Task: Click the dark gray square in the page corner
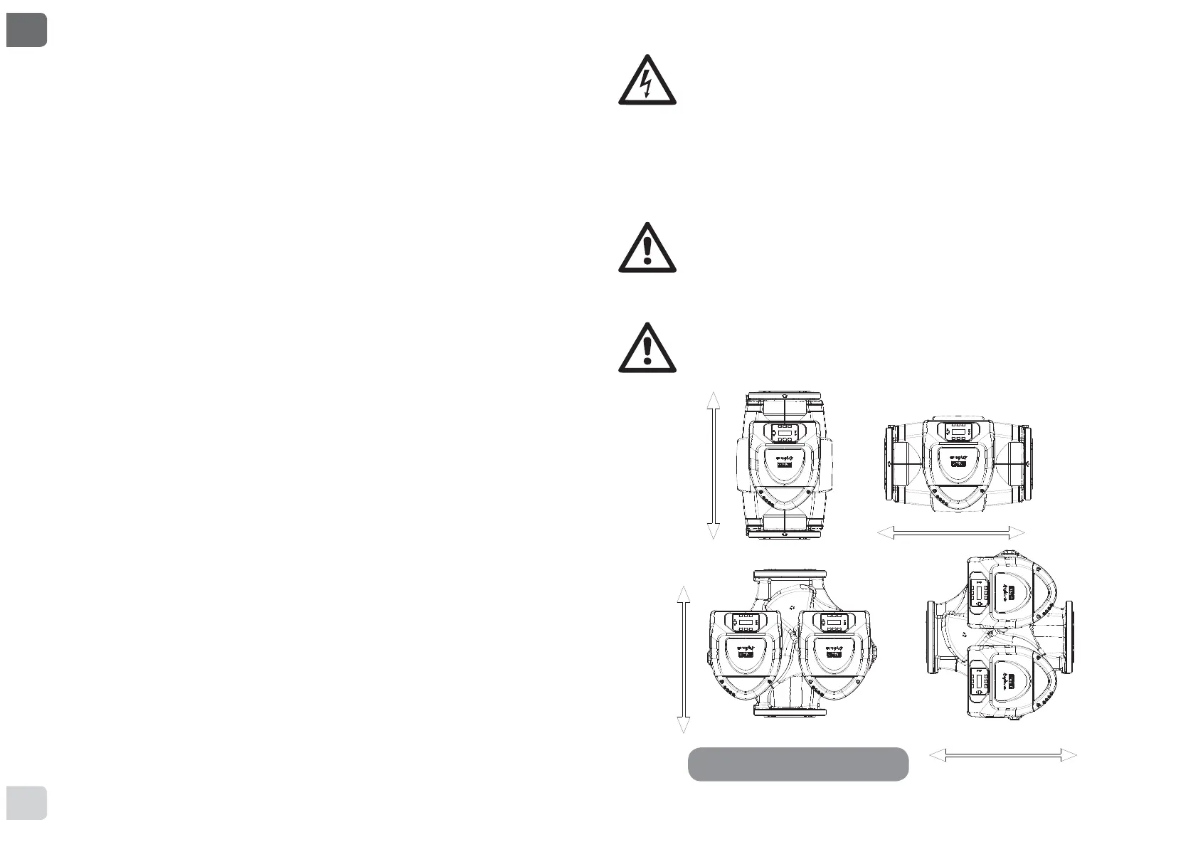[26, 29]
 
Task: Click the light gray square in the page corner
[26, 802]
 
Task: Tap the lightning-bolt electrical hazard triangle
[647, 81]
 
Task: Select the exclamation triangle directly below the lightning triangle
[647, 248]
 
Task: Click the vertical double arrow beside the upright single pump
[713, 465]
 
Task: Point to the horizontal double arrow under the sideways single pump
[951, 532]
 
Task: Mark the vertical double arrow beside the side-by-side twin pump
[683, 660]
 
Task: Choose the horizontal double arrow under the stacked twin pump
[1003, 755]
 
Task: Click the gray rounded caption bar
[798, 764]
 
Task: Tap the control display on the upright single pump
[785, 432]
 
